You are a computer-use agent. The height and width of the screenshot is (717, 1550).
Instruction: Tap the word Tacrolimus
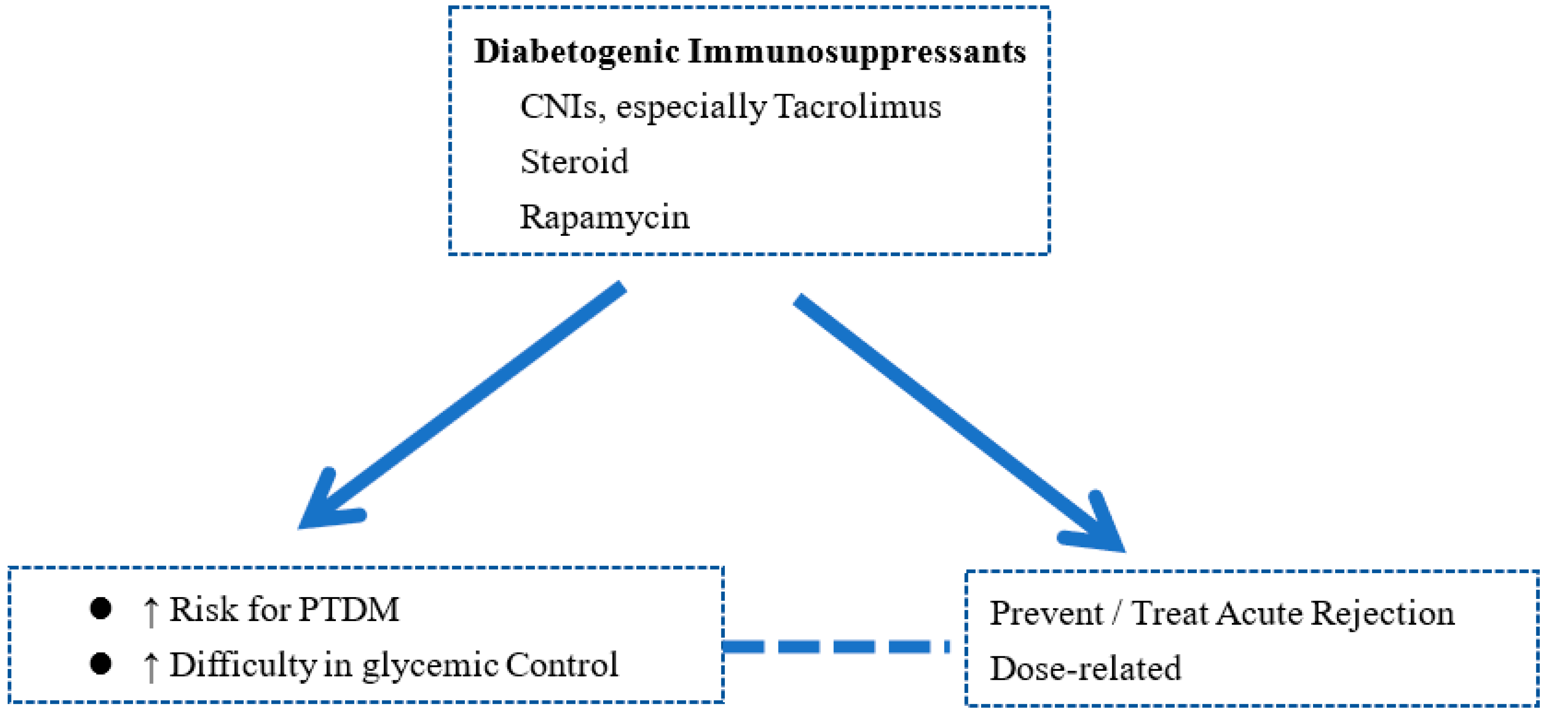[858, 107]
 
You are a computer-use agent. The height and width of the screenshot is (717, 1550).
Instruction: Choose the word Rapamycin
[604, 217]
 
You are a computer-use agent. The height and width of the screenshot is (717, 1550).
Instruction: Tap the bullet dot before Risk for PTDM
[100, 609]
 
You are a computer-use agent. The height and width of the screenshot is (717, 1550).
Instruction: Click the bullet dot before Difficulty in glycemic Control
[100, 664]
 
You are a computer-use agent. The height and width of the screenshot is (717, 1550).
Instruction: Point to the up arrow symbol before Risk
[151, 612]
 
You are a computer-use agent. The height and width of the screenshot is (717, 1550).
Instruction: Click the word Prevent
[1047, 613]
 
